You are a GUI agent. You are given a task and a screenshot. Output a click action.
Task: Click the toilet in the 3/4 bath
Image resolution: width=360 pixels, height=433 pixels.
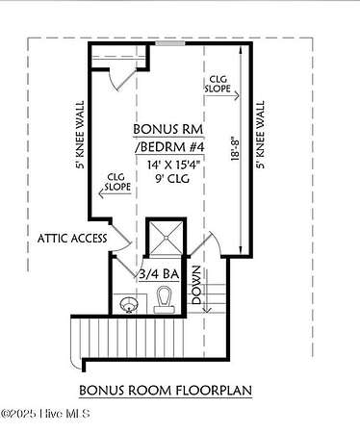165,299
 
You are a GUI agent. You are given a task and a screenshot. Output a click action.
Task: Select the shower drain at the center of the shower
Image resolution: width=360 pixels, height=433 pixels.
166,238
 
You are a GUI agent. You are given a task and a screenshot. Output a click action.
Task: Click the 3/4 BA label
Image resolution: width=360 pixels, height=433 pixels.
159,274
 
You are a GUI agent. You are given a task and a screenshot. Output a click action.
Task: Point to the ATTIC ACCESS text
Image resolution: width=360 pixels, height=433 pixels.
72,239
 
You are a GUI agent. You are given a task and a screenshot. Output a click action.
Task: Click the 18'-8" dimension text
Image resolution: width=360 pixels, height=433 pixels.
235,149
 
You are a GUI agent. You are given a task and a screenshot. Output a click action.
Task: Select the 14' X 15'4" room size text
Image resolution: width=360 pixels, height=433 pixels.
173,165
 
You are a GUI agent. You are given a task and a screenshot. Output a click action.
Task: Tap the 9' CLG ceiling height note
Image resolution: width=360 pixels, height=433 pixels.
172,178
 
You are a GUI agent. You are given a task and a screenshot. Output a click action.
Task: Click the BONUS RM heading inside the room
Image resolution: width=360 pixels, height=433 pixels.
168,129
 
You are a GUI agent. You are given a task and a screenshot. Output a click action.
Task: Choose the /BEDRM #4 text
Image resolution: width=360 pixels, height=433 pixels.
169,147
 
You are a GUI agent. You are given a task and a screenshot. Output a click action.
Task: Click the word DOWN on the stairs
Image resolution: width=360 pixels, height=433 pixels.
196,285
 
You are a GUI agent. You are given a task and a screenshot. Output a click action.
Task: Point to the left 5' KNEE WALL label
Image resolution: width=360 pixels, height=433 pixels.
80,135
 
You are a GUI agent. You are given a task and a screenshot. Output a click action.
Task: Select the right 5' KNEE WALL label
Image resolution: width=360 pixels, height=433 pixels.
261,135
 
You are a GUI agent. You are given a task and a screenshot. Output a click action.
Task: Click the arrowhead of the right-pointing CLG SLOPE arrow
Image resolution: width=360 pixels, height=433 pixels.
237,95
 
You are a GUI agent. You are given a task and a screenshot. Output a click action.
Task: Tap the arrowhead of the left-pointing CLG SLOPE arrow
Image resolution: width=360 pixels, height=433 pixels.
101,193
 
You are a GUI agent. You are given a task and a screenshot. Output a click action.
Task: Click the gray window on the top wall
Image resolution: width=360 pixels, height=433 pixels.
170,43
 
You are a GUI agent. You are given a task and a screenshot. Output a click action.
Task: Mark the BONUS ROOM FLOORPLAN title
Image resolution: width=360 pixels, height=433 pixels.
166,391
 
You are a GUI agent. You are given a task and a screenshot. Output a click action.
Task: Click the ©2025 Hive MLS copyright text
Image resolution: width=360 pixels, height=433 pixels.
45,414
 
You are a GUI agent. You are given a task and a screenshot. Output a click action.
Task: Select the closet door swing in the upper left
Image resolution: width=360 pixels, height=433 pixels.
119,79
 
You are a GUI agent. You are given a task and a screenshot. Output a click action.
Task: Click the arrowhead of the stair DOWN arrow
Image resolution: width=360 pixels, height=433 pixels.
207,310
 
